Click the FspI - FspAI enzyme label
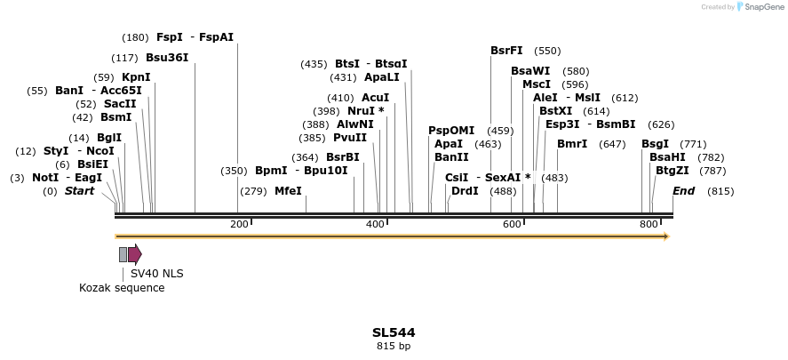[195, 37]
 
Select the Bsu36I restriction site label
[167, 58]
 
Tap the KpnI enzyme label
[136, 77]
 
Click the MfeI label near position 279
[288, 191]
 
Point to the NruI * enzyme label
[366, 111]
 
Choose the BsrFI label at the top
[506, 51]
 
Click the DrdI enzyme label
[465, 191]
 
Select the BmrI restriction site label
[572, 144]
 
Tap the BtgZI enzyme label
[672, 170]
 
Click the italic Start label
[79, 191]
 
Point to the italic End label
[683, 191]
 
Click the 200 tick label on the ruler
[239, 224]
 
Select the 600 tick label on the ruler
[512, 224]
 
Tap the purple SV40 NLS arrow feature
[135, 255]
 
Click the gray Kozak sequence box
[123, 255]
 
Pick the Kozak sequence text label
[122, 288]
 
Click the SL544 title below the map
[394, 332]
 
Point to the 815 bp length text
[394, 347]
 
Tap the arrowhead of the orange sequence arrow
[665, 236]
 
